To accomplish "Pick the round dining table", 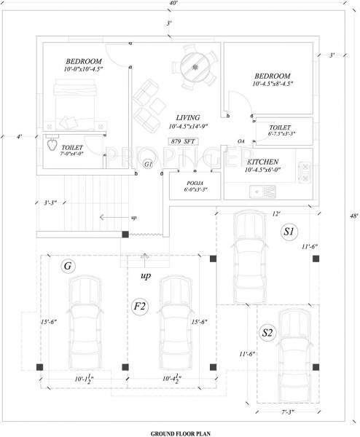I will click(195, 66).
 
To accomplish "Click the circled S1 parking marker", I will click(289, 232).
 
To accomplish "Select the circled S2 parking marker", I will click(267, 333).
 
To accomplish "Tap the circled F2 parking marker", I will click(140, 307).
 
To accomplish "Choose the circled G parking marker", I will click(69, 267).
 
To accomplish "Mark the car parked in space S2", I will click(294, 349).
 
